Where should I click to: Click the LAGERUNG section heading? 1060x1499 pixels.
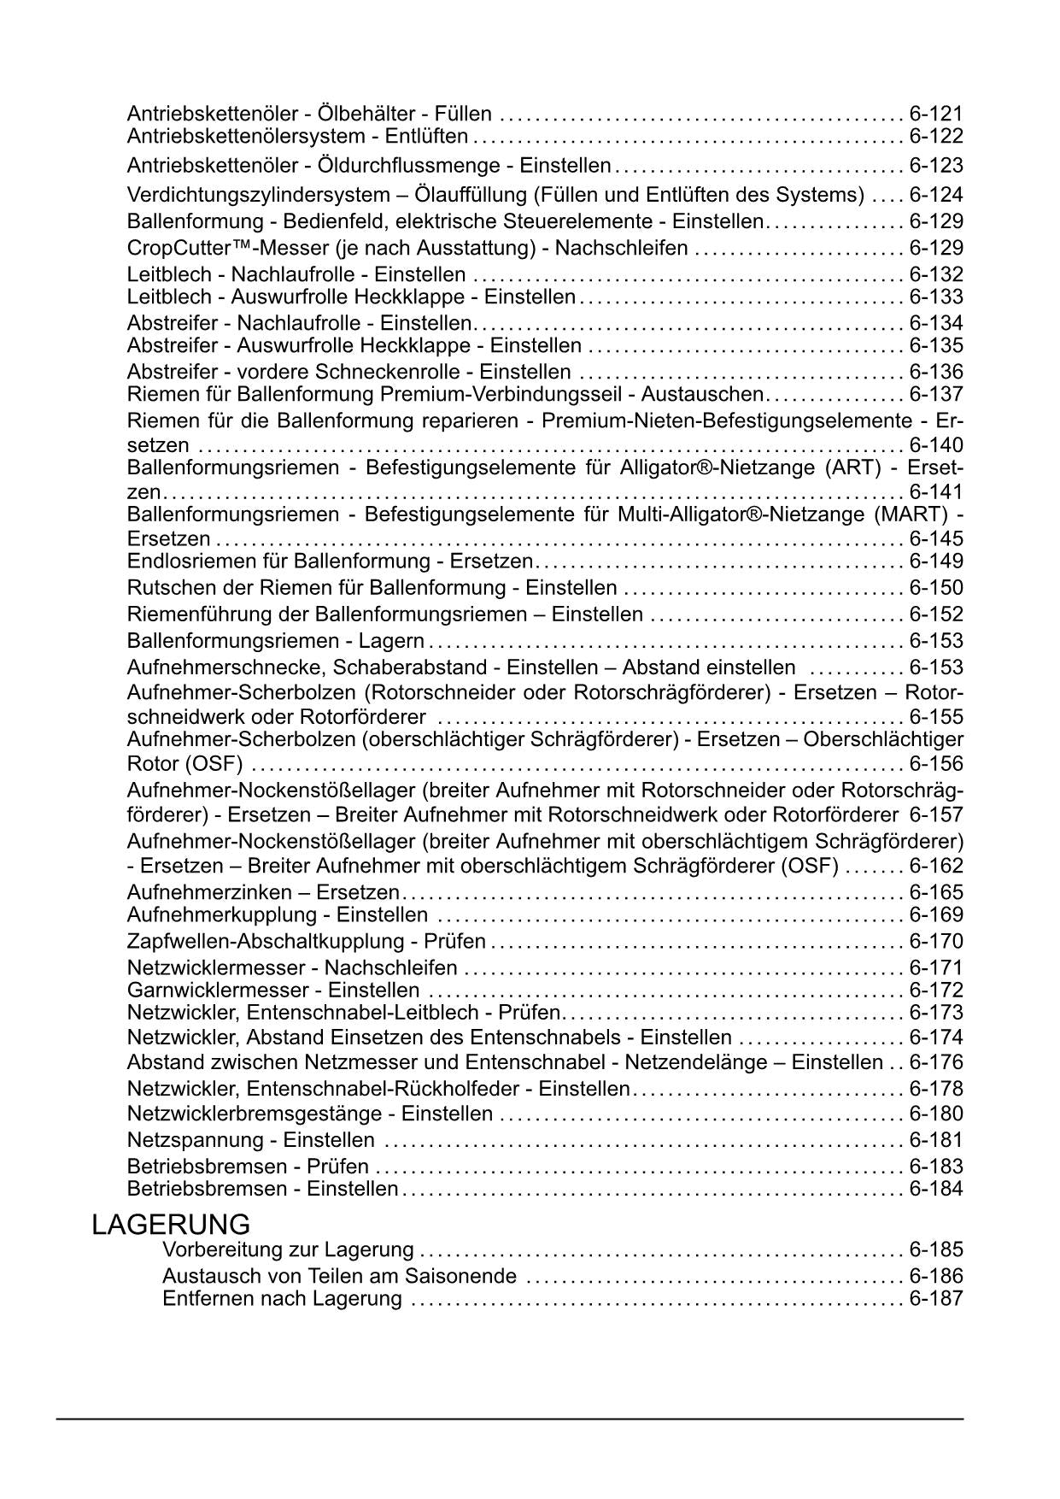coord(171,1224)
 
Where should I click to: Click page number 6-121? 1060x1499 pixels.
coord(935,114)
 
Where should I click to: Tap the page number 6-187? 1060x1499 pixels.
coord(935,1298)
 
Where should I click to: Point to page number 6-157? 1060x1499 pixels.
coord(935,814)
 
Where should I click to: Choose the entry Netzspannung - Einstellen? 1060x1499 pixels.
coord(250,1140)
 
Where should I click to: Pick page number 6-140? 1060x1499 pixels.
coord(935,444)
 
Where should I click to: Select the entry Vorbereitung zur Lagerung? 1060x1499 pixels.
coord(288,1249)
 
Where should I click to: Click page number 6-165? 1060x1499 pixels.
coord(935,892)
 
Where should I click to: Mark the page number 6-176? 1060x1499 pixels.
coord(935,1062)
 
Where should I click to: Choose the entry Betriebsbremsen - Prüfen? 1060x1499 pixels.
coord(248,1167)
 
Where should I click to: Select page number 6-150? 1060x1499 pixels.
coord(935,588)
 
